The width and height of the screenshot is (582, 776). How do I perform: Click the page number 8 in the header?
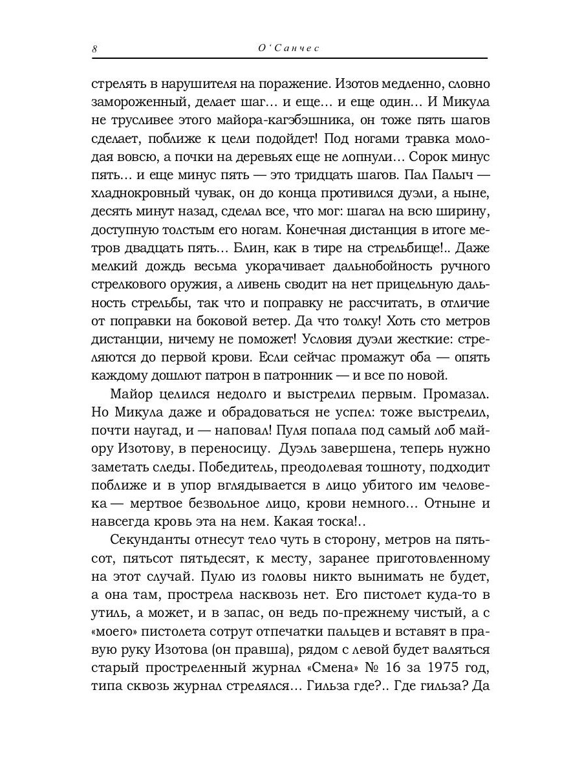pos(95,49)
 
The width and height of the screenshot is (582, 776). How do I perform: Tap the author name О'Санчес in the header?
pos(290,49)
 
